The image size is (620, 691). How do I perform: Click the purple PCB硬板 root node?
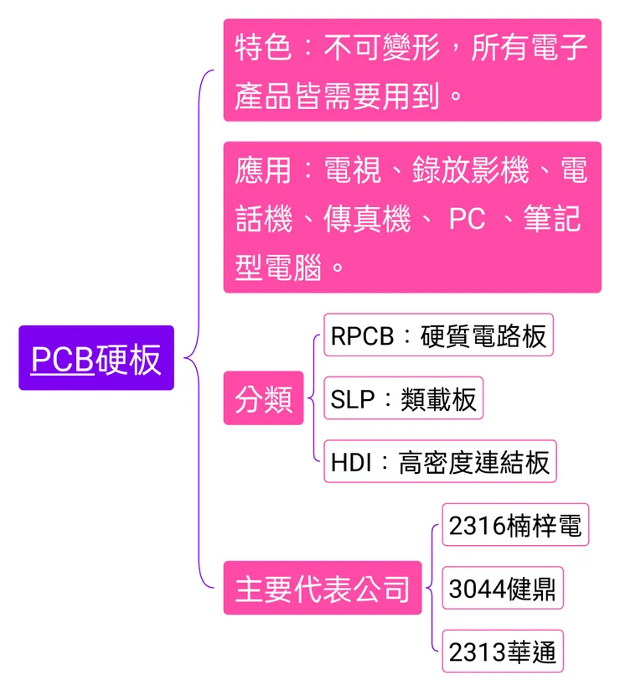point(96,359)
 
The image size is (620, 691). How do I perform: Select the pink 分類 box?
point(263,398)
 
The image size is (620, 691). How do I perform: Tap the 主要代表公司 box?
point(323,588)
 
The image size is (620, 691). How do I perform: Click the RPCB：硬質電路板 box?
point(438,335)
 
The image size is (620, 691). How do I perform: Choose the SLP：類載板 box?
point(403,398)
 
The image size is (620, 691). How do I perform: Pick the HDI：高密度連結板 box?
point(440,462)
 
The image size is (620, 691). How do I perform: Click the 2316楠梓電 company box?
point(515,525)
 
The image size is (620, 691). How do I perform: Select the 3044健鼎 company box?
point(503,588)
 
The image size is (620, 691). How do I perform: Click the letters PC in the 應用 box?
point(467,220)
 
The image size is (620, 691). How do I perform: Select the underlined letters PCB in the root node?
point(62,359)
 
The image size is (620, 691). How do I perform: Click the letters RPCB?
point(362,335)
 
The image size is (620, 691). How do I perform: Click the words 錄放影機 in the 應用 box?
point(470,170)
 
